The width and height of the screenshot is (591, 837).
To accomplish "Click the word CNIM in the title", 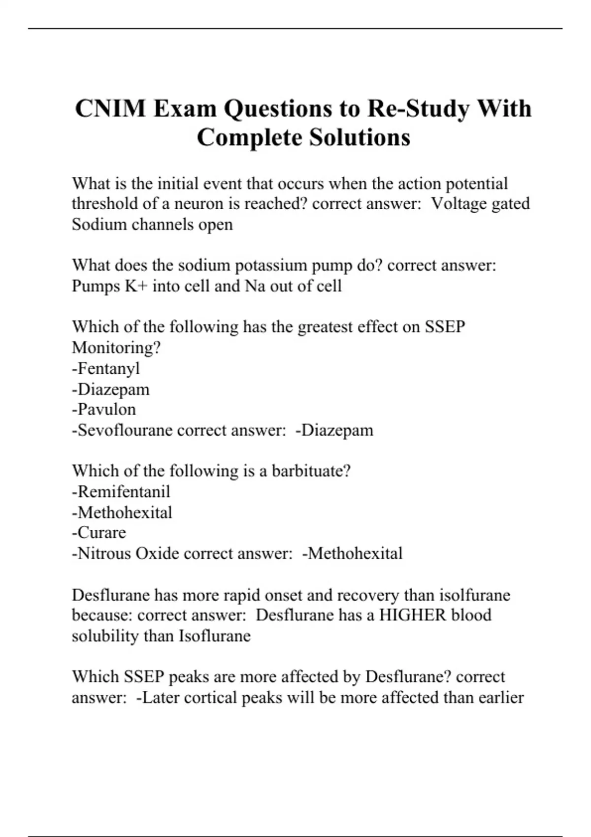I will click(x=111, y=109).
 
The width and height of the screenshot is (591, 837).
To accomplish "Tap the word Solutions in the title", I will click(x=360, y=137).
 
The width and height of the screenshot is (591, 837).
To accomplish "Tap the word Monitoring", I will click(x=116, y=348).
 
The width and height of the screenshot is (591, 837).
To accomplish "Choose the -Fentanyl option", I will click(x=106, y=368).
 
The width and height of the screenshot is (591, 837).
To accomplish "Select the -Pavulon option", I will click(x=104, y=409).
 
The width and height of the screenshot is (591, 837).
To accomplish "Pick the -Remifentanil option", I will click(x=121, y=491).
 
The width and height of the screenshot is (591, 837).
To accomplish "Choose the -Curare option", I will click(x=99, y=532).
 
